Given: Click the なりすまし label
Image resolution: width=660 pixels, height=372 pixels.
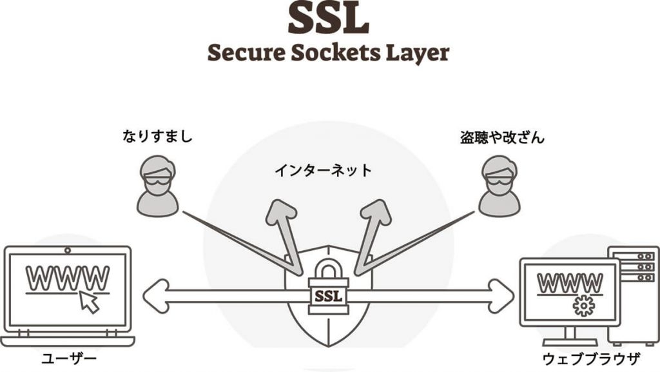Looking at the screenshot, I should click(x=157, y=137).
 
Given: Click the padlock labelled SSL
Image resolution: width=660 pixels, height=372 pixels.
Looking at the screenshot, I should click(x=328, y=288).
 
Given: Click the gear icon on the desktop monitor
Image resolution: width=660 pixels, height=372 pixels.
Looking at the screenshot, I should click(x=583, y=306).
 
